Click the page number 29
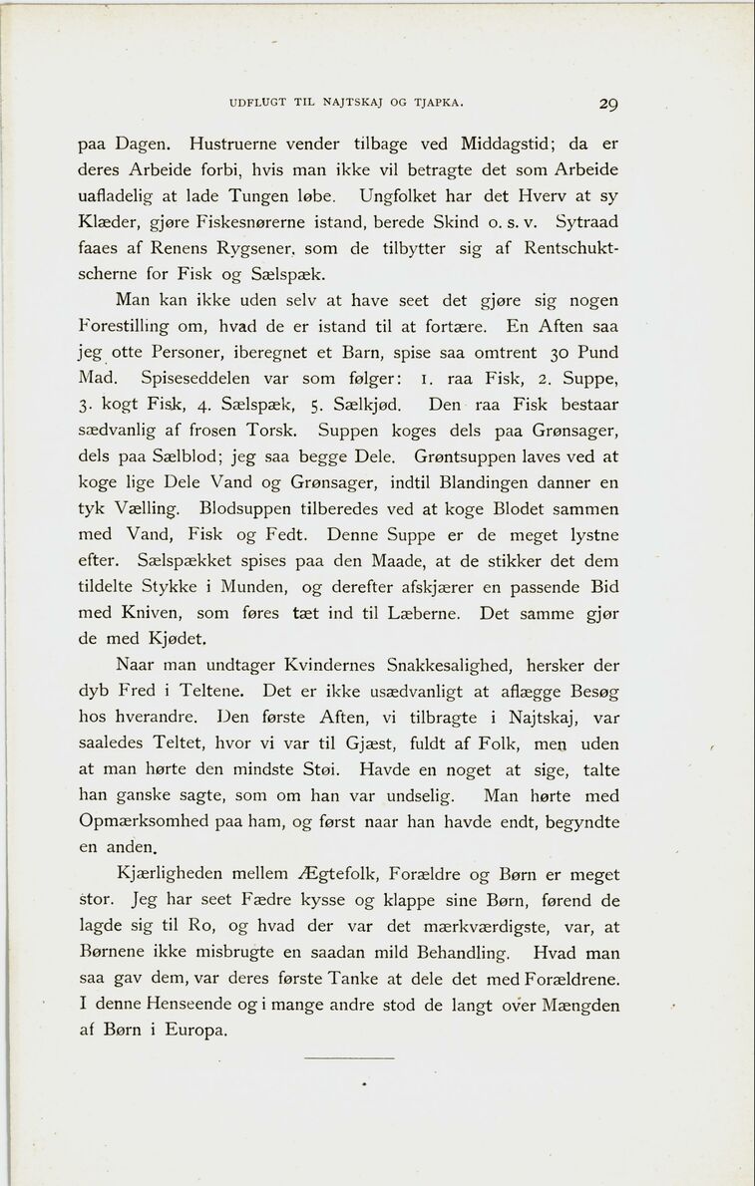click(609, 103)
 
